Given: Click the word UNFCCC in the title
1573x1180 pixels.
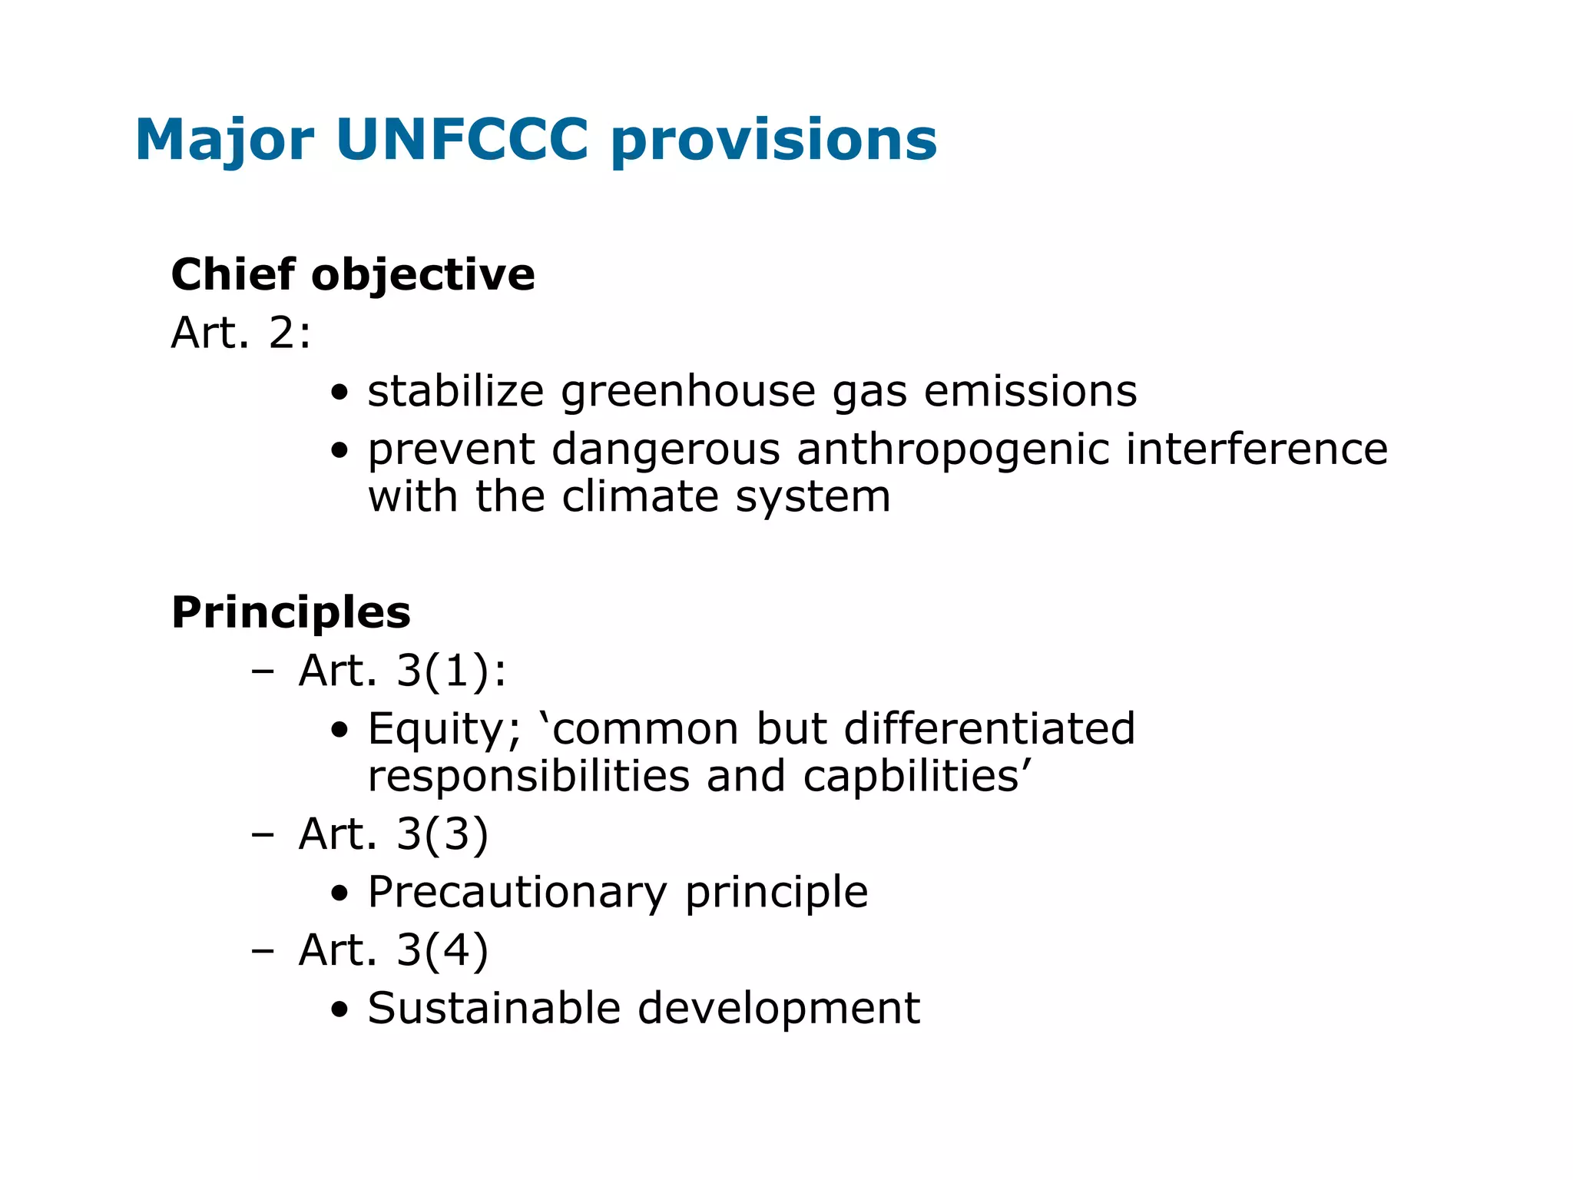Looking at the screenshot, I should (x=462, y=140).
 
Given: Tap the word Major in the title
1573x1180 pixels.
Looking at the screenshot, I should (x=224, y=140).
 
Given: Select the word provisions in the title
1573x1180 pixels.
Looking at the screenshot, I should (x=773, y=140).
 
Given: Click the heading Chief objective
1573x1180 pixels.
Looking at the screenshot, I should (x=353, y=274).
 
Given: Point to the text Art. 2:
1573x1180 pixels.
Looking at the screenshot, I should (x=240, y=333).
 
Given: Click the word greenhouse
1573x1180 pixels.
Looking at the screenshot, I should (x=688, y=392).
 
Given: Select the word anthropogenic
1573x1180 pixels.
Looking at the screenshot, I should (x=952, y=449).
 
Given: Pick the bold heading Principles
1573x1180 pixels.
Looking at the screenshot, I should (x=290, y=612).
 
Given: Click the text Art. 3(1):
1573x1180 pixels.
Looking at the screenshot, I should (x=402, y=671).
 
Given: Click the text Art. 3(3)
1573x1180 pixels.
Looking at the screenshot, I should (x=393, y=834).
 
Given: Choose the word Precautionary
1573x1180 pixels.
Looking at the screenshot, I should (x=517, y=893).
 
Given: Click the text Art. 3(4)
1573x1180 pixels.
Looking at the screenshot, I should (x=393, y=950).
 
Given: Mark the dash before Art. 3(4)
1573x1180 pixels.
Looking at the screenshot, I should (x=263, y=951).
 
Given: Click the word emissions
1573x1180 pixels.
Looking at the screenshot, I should (x=1029, y=392).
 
